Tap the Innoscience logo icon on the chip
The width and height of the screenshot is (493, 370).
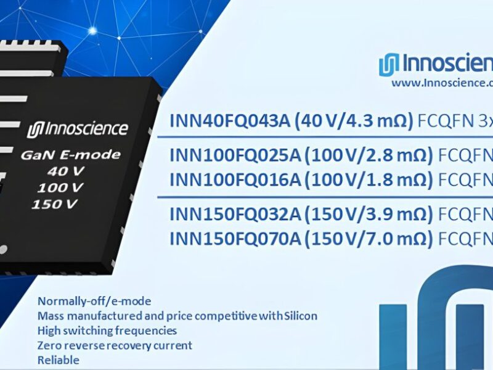34,130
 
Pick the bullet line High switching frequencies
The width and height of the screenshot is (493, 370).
107,331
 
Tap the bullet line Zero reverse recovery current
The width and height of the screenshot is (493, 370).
115,345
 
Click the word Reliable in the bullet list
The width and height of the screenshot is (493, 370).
58,360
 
